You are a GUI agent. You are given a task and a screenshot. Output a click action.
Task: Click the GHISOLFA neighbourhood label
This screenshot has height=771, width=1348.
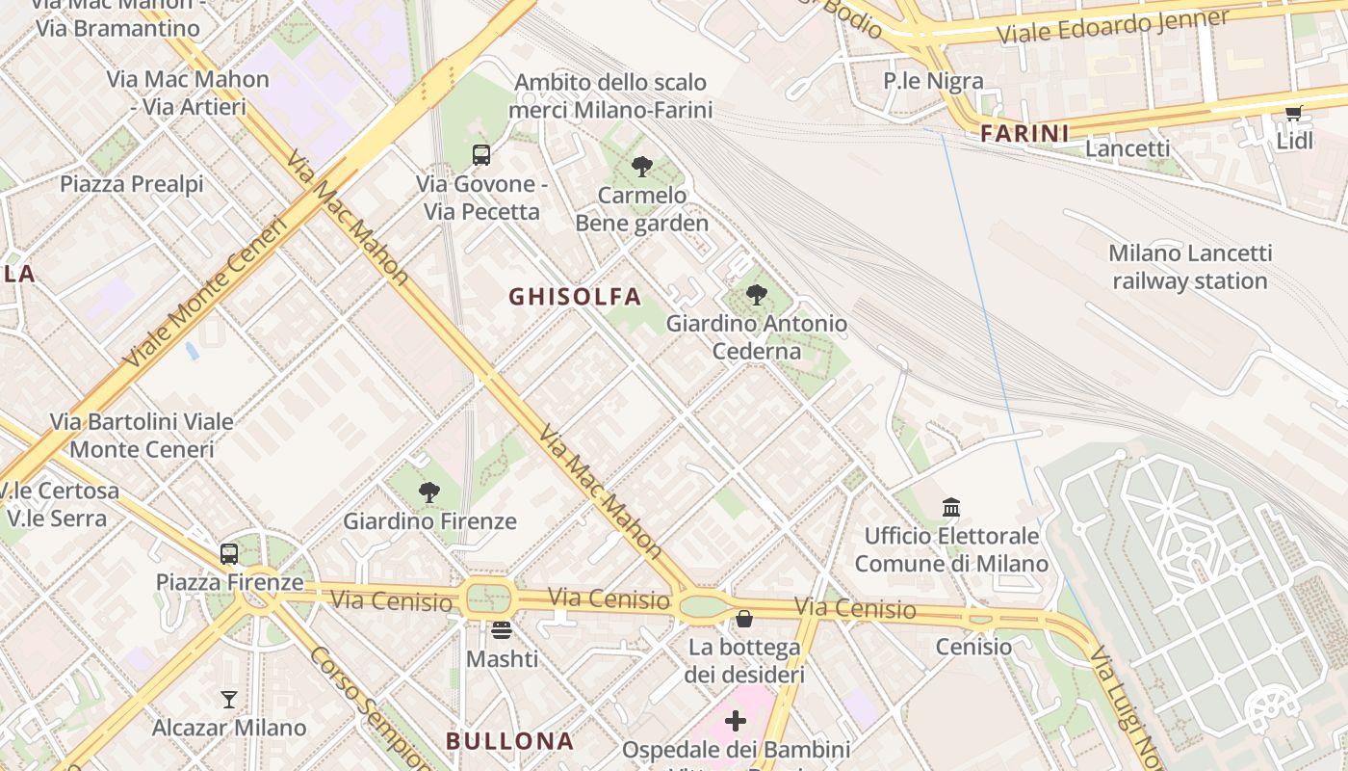tap(575, 297)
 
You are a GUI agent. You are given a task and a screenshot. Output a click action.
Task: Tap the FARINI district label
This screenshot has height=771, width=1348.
tap(1024, 134)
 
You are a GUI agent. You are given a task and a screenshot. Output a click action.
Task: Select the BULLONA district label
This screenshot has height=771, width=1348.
tap(509, 741)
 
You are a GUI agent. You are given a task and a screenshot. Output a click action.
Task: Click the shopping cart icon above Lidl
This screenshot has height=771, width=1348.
tap(1293, 114)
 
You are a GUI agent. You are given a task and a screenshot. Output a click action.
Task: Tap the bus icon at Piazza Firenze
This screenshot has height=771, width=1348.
tap(228, 553)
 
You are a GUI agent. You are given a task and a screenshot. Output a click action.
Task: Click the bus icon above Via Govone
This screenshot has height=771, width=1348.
tap(480, 154)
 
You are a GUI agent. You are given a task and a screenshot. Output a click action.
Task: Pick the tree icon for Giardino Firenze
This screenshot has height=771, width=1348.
tap(429, 492)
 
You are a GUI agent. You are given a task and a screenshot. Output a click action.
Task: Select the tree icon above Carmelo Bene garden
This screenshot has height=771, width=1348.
tap(641, 166)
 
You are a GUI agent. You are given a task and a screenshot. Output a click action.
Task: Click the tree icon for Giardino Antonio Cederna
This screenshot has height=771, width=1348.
tap(757, 294)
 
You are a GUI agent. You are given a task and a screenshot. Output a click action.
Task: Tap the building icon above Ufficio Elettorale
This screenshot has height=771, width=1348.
tap(951, 507)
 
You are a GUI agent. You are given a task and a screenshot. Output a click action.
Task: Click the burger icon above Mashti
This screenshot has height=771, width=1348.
tap(501, 630)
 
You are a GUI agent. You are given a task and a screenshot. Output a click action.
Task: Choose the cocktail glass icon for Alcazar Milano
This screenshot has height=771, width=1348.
tap(229, 699)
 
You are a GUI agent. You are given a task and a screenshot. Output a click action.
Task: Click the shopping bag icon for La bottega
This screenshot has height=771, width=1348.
tap(743, 618)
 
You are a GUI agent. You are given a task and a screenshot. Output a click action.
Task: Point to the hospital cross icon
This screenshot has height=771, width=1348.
tap(736, 720)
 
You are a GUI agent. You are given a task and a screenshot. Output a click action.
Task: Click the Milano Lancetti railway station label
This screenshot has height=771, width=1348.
tap(1189, 267)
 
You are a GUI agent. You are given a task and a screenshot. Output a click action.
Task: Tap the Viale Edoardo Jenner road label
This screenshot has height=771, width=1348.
tap(1112, 26)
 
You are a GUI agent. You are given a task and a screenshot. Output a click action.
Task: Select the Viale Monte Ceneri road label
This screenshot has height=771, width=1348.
tap(206, 294)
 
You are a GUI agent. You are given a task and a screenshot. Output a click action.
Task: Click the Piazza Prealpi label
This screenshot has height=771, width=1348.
tap(132, 183)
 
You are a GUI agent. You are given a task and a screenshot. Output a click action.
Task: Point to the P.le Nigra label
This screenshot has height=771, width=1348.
tap(933, 81)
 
